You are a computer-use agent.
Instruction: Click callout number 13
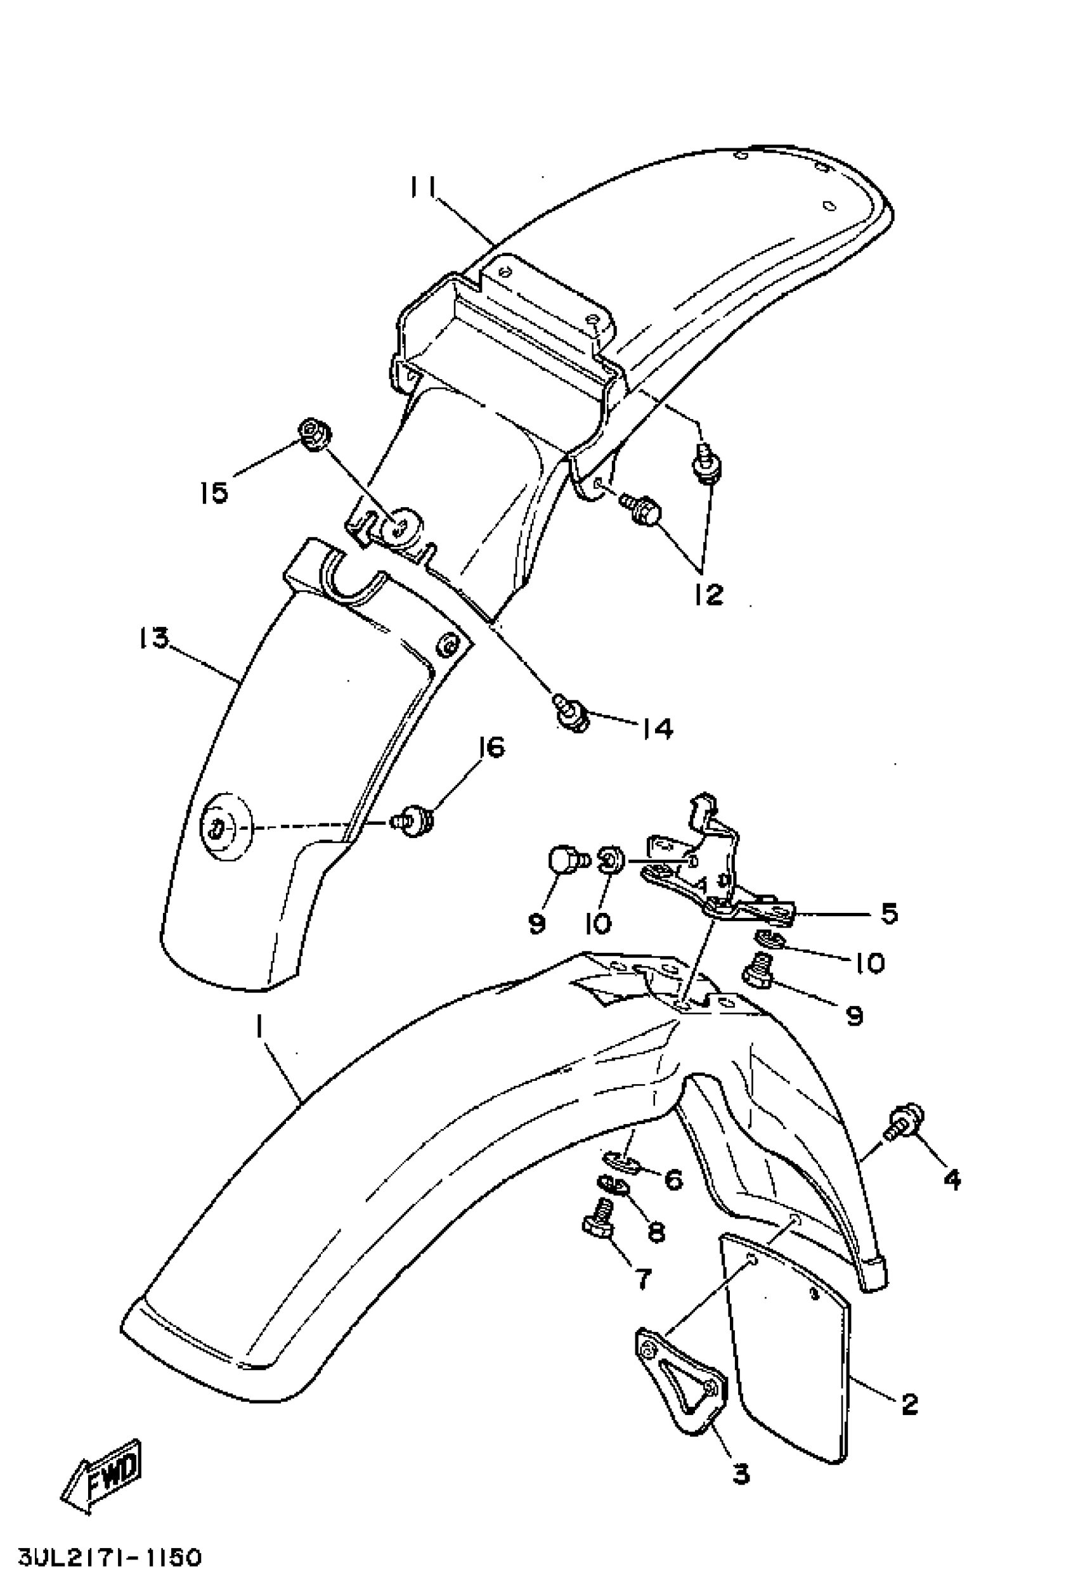(153, 639)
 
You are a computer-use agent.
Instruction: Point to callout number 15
(214, 492)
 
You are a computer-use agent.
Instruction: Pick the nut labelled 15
(314, 434)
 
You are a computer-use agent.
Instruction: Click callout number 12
(709, 594)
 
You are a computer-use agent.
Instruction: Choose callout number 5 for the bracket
(888, 914)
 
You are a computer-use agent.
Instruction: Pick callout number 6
(673, 1179)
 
